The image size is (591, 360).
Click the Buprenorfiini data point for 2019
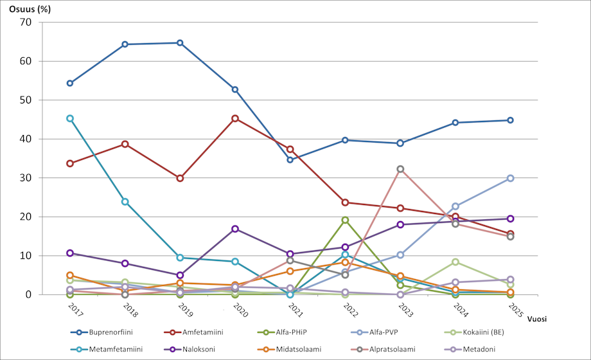(x=180, y=43)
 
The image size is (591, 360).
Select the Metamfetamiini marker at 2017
(x=69, y=118)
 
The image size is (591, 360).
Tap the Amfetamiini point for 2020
(x=235, y=118)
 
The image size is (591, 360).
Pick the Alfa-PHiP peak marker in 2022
(x=345, y=220)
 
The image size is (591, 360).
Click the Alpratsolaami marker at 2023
(x=400, y=169)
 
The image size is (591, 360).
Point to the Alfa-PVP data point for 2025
(x=510, y=178)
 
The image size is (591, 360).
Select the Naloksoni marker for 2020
(x=235, y=229)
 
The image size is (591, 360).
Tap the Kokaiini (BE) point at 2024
(x=455, y=262)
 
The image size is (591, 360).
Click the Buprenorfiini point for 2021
(x=290, y=159)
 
